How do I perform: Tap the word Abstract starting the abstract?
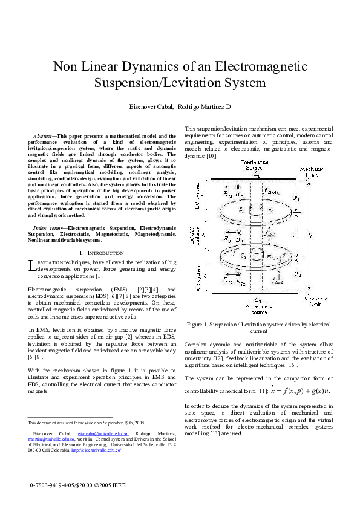tap(44, 137)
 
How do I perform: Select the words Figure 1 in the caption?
tap(198, 325)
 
